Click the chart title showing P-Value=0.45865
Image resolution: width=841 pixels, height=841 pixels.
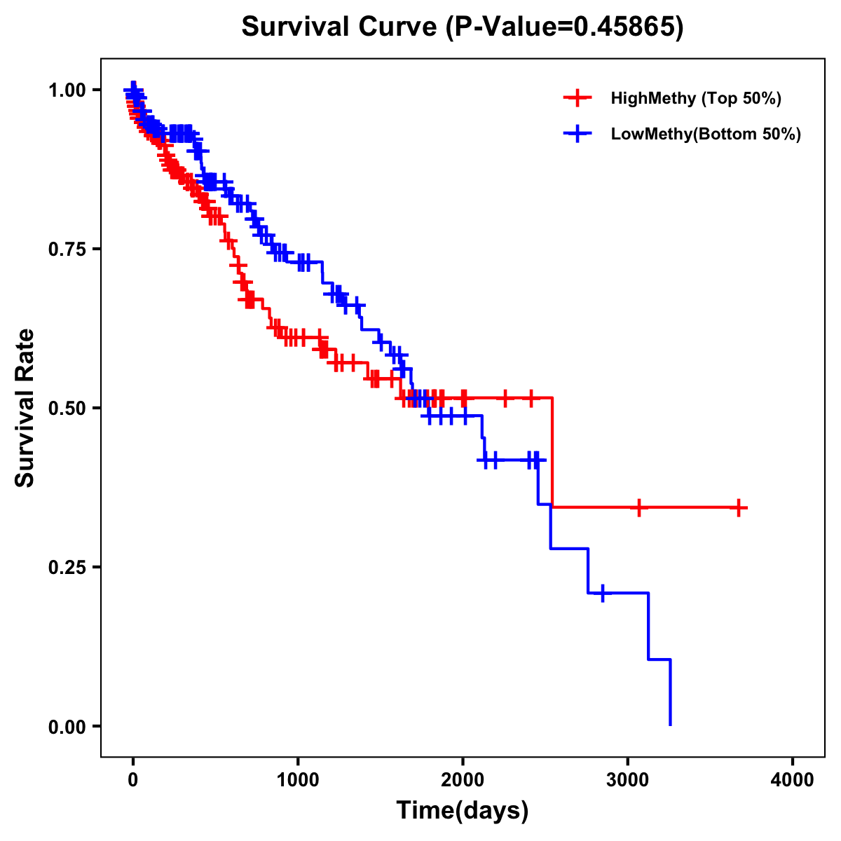click(x=463, y=27)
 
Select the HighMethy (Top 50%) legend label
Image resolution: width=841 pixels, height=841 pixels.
click(x=695, y=98)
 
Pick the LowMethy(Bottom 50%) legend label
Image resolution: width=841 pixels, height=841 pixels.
click(x=706, y=134)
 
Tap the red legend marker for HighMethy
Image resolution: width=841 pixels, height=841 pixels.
click(x=577, y=98)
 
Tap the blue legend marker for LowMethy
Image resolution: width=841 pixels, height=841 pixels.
click(x=577, y=134)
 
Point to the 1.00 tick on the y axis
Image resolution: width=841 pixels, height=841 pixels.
click(x=67, y=90)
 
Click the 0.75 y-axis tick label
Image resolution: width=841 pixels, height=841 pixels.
click(x=67, y=249)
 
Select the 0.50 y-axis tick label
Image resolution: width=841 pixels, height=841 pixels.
click(x=67, y=409)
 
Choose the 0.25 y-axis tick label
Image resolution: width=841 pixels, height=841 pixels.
click(x=67, y=568)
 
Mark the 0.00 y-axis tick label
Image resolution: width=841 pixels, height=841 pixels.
click(x=67, y=727)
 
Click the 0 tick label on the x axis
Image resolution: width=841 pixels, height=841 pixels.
click(x=133, y=780)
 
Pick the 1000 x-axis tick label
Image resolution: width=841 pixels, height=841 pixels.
click(x=298, y=780)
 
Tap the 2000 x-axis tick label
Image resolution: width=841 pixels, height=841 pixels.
click(x=463, y=780)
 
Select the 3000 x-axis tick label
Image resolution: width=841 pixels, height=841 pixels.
click(x=628, y=780)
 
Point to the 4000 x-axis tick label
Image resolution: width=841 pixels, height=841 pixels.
click(x=793, y=780)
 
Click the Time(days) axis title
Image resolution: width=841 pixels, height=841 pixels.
click(x=463, y=811)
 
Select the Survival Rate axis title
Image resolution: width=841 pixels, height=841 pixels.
click(x=25, y=408)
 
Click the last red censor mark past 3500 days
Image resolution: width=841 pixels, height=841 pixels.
click(x=739, y=507)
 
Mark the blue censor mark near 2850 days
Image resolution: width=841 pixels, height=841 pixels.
click(x=602, y=593)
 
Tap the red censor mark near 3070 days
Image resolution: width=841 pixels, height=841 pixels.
click(x=638, y=507)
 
